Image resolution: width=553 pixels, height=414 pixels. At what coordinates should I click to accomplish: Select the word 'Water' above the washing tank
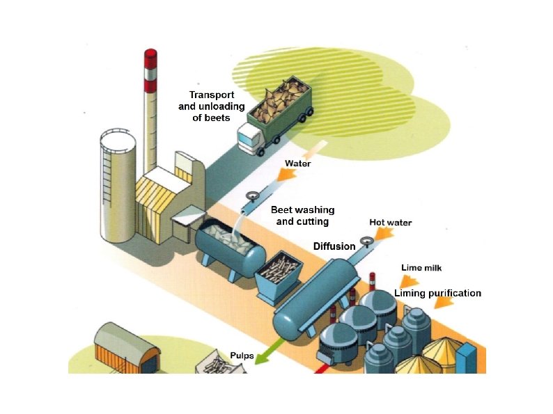pos(297,164)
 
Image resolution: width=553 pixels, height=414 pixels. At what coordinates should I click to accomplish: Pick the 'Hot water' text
pos(390,223)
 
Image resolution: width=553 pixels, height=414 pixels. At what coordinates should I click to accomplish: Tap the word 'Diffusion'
pos(334,246)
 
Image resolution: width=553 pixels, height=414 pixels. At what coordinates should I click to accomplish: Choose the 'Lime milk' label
pos(421,267)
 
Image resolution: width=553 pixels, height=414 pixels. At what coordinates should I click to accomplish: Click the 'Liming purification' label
pos(437,293)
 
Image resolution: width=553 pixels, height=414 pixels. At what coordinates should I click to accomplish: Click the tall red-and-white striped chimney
pos(150,111)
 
